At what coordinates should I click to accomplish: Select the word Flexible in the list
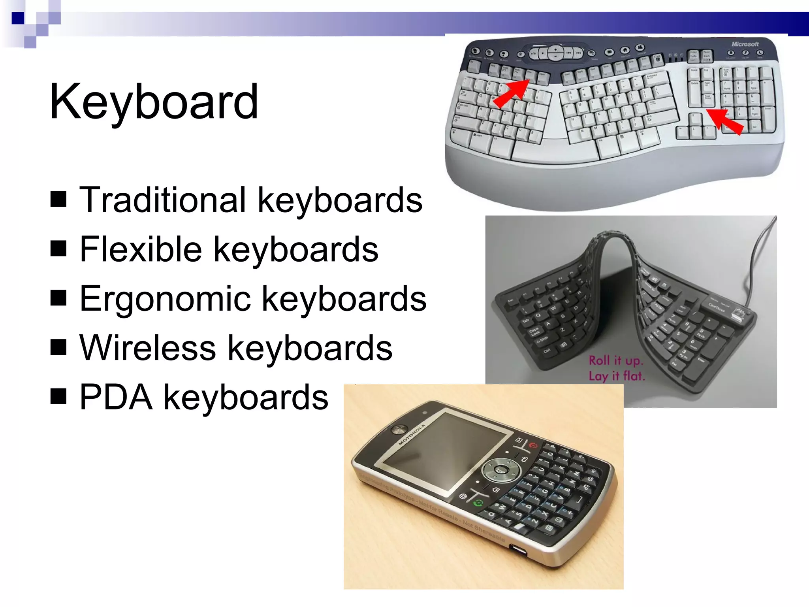pyautogui.click(x=141, y=249)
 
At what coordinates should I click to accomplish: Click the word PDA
pyautogui.click(x=116, y=398)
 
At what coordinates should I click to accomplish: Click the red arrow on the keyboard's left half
pyautogui.click(x=511, y=93)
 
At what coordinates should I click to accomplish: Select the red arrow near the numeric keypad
pyautogui.click(x=725, y=121)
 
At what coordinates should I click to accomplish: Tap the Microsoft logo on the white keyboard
pyautogui.click(x=745, y=44)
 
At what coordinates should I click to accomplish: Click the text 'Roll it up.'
pyautogui.click(x=616, y=360)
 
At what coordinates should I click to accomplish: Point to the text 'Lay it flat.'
pyautogui.click(x=617, y=376)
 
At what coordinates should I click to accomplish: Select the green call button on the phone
pyautogui.click(x=478, y=503)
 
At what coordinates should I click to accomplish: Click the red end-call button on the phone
pyautogui.click(x=533, y=445)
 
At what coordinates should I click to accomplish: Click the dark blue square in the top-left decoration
pyautogui.click(x=18, y=18)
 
